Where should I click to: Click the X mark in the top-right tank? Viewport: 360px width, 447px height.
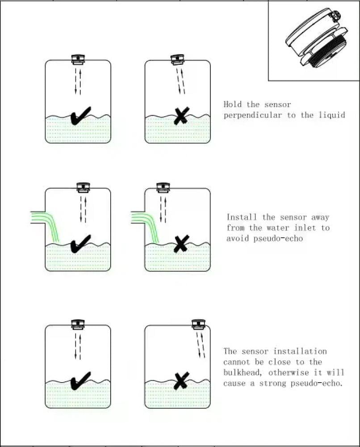[x=181, y=115]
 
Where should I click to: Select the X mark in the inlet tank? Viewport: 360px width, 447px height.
[x=181, y=244]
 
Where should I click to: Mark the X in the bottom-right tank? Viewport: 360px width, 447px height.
[x=181, y=380]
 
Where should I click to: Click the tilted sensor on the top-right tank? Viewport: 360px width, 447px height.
[x=178, y=60]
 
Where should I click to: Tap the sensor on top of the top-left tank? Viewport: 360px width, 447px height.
[x=78, y=59]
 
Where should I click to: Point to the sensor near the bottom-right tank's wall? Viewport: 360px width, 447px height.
[x=199, y=325]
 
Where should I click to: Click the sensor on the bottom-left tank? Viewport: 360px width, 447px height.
[x=78, y=325]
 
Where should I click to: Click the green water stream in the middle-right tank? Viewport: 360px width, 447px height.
[x=146, y=225]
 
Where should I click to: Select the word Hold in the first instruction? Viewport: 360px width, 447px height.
[x=233, y=104]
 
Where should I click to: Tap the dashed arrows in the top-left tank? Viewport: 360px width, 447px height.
[x=78, y=81]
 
